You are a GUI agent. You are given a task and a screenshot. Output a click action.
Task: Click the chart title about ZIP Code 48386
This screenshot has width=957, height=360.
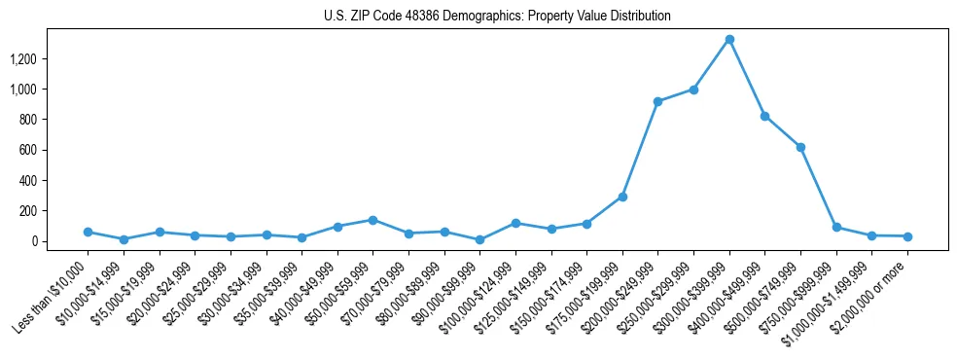497,17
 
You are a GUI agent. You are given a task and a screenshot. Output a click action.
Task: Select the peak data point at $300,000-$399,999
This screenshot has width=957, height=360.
729,39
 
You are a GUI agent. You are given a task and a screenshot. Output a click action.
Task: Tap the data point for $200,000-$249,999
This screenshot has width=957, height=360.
658,101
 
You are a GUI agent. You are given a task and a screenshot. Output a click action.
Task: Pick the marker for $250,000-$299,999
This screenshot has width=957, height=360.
693,90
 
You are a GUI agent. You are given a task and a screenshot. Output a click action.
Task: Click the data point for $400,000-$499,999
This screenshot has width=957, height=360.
765,116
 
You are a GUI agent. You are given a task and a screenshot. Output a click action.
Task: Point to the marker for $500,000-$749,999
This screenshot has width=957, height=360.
800,147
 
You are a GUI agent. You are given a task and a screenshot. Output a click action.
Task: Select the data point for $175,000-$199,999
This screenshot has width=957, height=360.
622,197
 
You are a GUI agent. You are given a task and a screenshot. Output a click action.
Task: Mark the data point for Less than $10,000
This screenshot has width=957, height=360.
88,232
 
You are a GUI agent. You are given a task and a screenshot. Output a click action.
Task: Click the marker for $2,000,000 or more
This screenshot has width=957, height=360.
907,236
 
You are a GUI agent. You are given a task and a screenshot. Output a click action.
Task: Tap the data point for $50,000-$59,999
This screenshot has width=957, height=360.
372,220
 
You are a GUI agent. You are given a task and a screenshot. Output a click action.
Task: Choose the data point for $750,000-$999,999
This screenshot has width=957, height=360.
836,227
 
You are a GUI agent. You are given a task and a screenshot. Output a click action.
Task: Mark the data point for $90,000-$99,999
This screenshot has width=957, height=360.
479,239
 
